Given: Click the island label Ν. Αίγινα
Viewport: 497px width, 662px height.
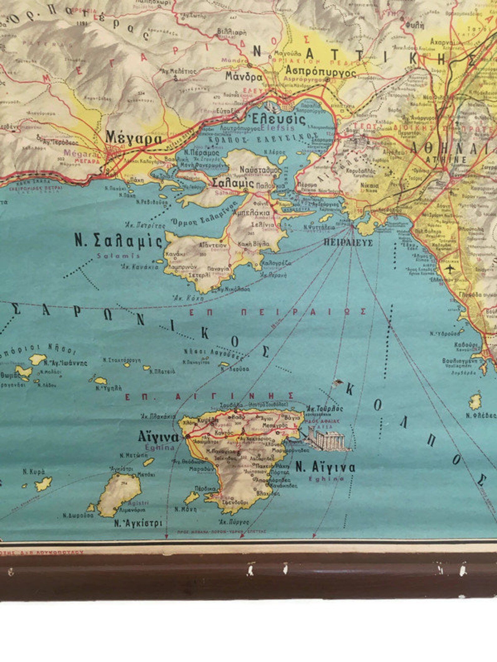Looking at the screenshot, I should [x=325, y=467].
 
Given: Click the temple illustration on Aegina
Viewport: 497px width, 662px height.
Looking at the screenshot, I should [x=325, y=437].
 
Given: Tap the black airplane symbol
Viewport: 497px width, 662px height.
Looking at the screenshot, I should [x=449, y=269].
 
